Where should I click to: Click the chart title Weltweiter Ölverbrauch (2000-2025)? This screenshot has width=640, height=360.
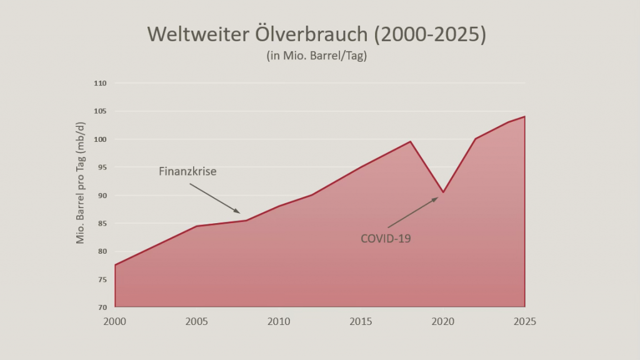316,34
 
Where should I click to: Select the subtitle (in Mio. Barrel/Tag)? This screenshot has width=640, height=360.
316,56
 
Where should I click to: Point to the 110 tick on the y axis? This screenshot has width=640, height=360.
101,83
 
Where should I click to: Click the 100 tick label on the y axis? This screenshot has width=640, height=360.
101,139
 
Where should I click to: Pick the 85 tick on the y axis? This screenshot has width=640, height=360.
102,223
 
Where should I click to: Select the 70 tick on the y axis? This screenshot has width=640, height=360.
102,307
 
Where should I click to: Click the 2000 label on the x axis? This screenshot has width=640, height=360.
115,322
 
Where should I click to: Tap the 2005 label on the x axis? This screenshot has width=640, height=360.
197,322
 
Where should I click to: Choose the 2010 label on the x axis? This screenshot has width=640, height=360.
279,322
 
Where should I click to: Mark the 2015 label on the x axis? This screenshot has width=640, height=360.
361,322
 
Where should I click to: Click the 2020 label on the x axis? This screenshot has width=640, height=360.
442,322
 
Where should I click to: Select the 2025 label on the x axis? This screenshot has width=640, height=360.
524,322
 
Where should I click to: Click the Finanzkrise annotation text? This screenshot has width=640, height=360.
187,171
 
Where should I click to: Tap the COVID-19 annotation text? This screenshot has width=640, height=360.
386,238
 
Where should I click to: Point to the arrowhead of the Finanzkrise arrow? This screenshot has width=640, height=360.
238,212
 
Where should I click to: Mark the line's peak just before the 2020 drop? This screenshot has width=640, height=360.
410,141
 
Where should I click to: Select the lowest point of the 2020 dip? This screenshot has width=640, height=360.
442,192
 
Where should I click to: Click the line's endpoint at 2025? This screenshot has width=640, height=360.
524,117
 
